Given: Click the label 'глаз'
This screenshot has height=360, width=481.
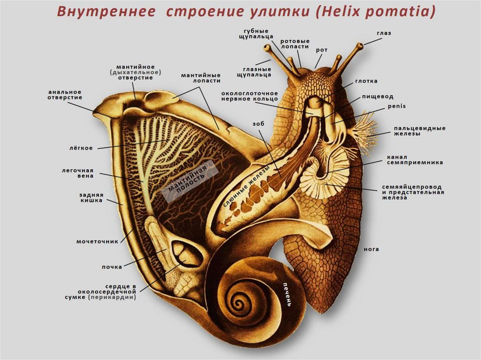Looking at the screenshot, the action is pos(383,33).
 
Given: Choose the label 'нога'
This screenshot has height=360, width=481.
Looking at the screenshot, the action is pos(371,249).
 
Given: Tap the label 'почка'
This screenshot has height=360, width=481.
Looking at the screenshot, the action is pos(112,267).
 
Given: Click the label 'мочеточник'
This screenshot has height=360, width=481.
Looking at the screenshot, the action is pos(97,242).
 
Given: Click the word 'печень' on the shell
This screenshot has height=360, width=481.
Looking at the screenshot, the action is pos(287,294).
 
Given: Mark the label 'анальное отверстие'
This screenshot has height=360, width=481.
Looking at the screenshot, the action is pos(65,94).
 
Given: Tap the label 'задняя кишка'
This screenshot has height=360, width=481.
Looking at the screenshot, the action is pos(91,198).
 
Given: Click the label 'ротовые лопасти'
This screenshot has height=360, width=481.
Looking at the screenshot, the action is pos(295,44).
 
